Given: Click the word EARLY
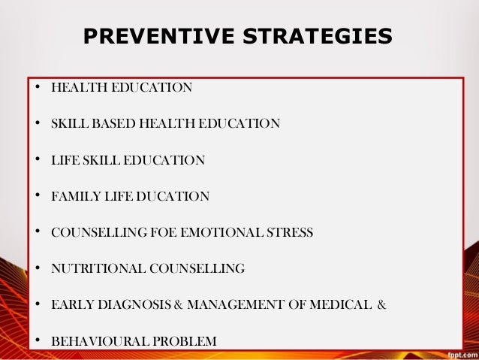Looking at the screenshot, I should [69, 305].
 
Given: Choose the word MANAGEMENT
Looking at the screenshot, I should [240, 305].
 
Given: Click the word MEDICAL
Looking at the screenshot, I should [338, 305].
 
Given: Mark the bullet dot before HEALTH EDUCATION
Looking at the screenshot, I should [36, 87].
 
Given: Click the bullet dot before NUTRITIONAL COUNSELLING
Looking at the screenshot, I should [36, 268].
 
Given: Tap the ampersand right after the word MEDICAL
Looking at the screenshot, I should [381, 305].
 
